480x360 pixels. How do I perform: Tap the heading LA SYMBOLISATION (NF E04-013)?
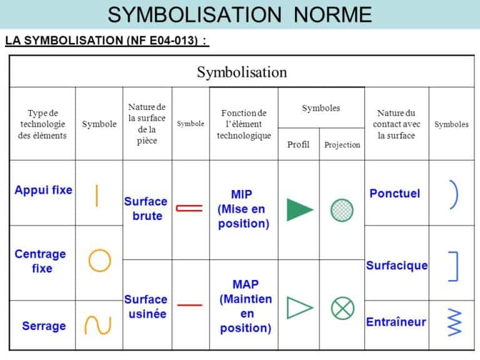[x=106, y=42]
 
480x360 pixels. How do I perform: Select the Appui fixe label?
[x=43, y=190]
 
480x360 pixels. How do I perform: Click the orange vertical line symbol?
[x=96, y=194]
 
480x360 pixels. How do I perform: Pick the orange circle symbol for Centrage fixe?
[x=99, y=260]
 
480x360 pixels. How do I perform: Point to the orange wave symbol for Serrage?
[x=98, y=325]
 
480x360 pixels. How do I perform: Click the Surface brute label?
[x=146, y=209]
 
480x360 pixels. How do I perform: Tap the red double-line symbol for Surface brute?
[x=189, y=208]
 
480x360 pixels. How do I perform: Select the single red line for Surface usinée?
[x=189, y=305]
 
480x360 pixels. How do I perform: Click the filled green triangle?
[x=299, y=209]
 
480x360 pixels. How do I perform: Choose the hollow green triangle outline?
[x=299, y=307]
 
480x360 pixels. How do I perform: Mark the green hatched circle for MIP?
[x=342, y=209]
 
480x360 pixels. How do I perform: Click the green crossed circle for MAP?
[x=342, y=307]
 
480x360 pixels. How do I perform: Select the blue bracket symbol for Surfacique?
[x=454, y=266]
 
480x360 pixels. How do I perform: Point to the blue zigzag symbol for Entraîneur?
[x=454, y=322]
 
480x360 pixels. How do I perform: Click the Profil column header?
[x=298, y=145]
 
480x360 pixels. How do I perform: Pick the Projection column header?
[x=342, y=145]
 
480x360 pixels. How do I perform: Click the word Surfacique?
[x=397, y=266]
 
